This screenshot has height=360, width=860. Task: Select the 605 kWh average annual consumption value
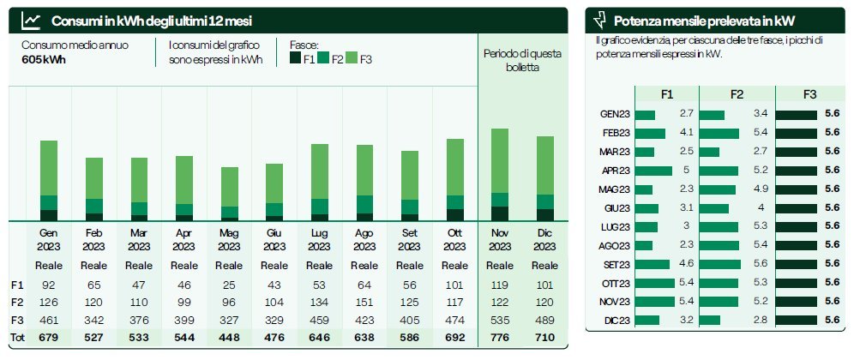44,59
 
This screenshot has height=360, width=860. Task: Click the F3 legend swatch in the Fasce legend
351,59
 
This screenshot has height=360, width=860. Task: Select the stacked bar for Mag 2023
230,193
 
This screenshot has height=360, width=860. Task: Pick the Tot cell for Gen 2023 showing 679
48,337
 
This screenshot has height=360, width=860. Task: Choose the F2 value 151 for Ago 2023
364,302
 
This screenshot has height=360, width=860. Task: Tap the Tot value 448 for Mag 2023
229,337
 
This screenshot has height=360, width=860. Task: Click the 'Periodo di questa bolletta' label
522,60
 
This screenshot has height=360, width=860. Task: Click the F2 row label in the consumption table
17,302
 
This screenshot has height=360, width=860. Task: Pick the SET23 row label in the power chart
616,264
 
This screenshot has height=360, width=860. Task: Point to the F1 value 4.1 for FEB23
686,133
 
